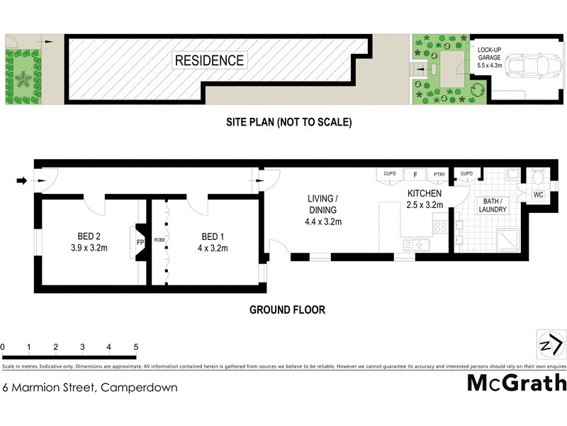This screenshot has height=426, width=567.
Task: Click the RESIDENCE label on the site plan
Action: (209, 61)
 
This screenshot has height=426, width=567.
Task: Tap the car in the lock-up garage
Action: (534, 65)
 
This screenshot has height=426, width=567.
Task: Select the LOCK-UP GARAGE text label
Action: (489, 56)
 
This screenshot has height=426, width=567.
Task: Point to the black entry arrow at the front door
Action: (21, 181)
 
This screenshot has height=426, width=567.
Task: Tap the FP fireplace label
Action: (140, 241)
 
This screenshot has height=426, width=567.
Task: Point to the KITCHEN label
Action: (425, 199)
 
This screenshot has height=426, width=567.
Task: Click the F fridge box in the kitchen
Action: (414, 174)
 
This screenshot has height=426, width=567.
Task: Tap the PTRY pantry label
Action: (439, 174)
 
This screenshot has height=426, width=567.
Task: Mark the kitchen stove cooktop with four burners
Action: (439, 227)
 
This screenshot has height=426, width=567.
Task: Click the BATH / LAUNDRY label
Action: (493, 204)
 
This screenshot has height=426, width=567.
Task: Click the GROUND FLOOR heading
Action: (287, 310)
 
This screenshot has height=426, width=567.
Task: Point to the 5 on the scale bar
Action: (135, 347)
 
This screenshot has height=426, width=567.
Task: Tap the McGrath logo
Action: (517, 383)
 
